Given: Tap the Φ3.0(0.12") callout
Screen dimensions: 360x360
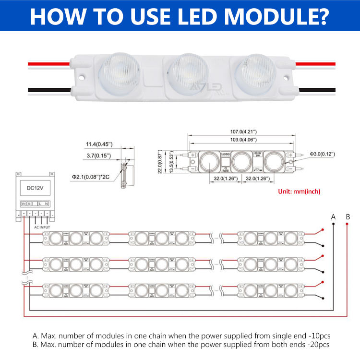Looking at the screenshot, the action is (x=322, y=154).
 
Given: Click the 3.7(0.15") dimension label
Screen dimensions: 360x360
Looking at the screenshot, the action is (x=98, y=156).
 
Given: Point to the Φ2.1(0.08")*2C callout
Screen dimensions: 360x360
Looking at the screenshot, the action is (x=91, y=177).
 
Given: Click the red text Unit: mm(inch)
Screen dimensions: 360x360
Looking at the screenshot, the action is (x=300, y=191).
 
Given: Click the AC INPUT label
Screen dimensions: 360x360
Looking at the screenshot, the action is (x=42, y=226).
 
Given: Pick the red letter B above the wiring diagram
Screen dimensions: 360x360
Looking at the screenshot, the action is (x=348, y=217).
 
